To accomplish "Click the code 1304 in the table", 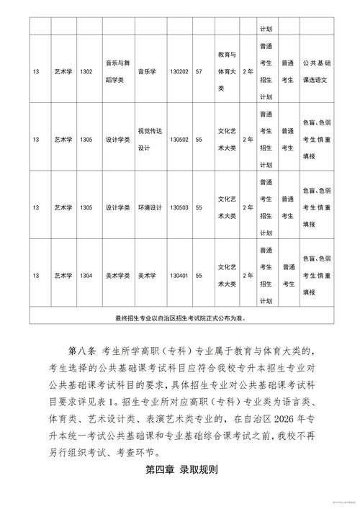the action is pos(86,275).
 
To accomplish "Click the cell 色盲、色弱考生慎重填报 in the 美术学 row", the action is pos(317,275).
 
